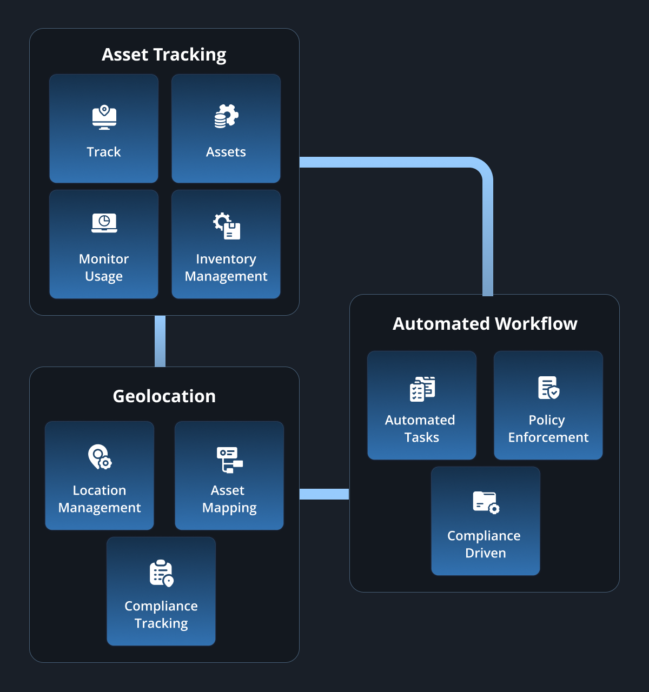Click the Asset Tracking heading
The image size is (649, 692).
[164, 55]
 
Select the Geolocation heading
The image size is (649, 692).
[164, 396]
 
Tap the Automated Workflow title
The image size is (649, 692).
[485, 324]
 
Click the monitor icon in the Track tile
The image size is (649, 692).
[104, 117]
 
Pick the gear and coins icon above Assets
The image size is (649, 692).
[226, 116]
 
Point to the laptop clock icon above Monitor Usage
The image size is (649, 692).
[104, 223]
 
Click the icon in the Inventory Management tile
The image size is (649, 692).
[227, 226]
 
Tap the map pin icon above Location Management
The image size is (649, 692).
[100, 457]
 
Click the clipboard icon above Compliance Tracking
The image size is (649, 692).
[162, 573]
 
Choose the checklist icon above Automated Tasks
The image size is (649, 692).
[422, 389]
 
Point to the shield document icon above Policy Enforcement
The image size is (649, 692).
[548, 388]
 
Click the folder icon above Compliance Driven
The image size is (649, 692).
[486, 502]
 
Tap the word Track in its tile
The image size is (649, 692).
[104, 152]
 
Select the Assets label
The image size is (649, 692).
[226, 152]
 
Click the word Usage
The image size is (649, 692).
[104, 277]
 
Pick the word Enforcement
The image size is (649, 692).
[548, 437]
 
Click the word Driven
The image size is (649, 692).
[486, 553]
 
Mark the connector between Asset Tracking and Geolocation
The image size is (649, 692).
[160, 341]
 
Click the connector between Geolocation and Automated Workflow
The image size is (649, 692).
[325, 494]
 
